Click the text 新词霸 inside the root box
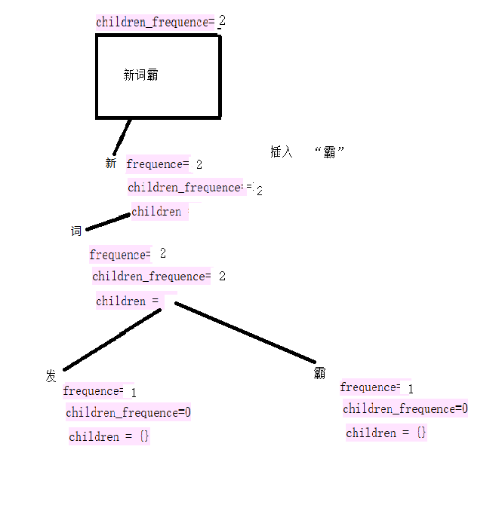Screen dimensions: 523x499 tap(141, 75)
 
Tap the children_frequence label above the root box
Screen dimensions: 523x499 tap(155, 23)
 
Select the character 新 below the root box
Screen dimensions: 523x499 tap(111, 164)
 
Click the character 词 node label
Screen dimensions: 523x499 tap(76, 231)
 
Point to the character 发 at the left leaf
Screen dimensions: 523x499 tap(51, 376)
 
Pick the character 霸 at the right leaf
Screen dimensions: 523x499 tap(320, 373)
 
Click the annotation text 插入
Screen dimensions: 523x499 tap(281, 152)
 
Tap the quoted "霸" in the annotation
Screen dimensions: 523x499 tap(329, 152)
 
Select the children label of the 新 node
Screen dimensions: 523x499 tap(157, 212)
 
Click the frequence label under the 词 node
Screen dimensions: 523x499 tap(120, 255)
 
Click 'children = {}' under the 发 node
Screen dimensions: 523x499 tap(109, 437)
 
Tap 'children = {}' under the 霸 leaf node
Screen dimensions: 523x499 tap(387, 433)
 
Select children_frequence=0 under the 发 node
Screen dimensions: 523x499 tap(128, 413)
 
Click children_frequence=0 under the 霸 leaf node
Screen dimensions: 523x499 tap(405, 409)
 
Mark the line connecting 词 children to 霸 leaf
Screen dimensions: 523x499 tap(245, 332)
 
